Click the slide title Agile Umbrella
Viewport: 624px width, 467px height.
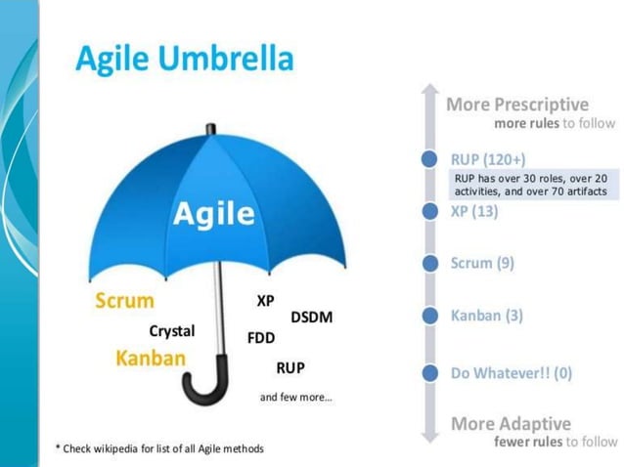pyautogui.click(x=184, y=60)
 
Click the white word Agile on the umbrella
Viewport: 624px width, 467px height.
pyautogui.click(x=214, y=214)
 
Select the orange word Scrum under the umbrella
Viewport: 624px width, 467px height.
pyautogui.click(x=124, y=301)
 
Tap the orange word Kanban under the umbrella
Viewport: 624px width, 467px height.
pyautogui.click(x=150, y=358)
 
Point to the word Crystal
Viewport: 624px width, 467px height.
pyautogui.click(x=171, y=331)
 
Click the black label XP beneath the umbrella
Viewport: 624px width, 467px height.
pyautogui.click(x=265, y=302)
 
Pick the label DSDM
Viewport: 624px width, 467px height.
pyautogui.click(x=311, y=318)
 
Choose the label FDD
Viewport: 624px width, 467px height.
pyautogui.click(x=261, y=338)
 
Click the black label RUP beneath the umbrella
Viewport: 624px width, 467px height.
pyautogui.click(x=290, y=368)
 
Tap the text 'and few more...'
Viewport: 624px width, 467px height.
pyautogui.click(x=295, y=398)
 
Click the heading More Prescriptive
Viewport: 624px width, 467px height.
pyautogui.click(x=517, y=105)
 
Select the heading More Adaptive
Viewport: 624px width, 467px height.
pyautogui.click(x=511, y=424)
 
